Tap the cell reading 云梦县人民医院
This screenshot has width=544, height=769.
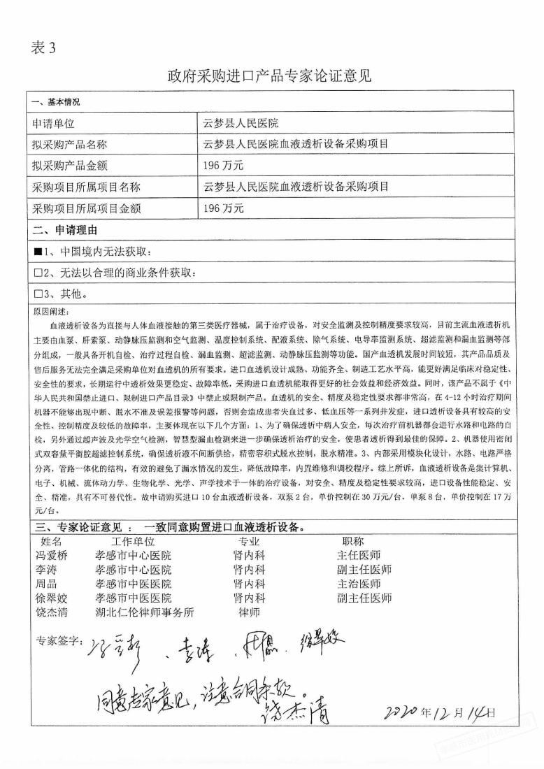(241, 124)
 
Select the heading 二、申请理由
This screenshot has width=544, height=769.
(64, 230)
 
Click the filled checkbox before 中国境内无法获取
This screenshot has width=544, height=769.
(38, 252)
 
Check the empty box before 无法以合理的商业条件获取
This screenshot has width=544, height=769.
(38, 273)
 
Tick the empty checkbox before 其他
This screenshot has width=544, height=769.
(38, 294)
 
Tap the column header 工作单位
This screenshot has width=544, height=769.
(132, 542)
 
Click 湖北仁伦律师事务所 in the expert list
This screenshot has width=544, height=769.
(144, 612)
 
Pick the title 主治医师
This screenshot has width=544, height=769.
(359, 584)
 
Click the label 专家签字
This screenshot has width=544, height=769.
(57, 642)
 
